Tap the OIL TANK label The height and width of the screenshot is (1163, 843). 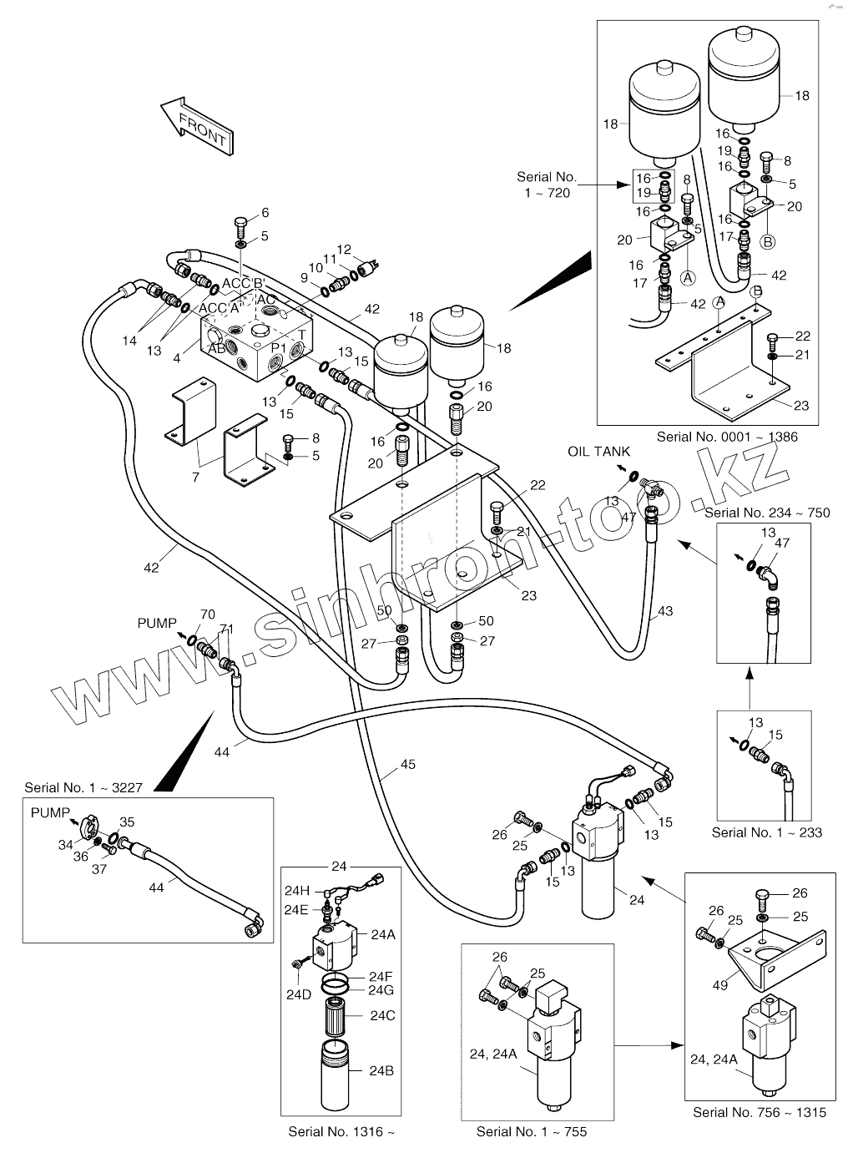point(599,452)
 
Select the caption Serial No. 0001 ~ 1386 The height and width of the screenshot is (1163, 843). point(726,437)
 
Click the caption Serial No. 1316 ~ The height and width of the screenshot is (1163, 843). point(341,1132)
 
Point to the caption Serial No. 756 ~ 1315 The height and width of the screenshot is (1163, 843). point(760,1112)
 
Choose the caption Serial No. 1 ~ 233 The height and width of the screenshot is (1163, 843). point(766,832)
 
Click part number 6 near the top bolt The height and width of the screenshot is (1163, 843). point(265,213)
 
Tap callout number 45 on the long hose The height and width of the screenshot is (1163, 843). point(407,765)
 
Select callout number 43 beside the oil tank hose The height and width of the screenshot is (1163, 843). point(664,611)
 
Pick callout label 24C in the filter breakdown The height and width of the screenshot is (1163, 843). point(382,1016)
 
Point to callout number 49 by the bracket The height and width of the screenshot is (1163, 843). point(719,985)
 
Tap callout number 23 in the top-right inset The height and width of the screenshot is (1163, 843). point(801,406)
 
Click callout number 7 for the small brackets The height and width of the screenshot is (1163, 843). point(195,477)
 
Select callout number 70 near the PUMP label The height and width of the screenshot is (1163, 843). point(208,616)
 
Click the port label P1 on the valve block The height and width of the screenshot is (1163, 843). point(278,346)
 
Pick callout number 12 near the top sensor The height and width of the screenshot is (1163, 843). point(344,249)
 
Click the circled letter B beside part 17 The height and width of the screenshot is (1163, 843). point(768,242)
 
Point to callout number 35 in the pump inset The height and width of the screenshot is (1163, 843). point(126,822)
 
